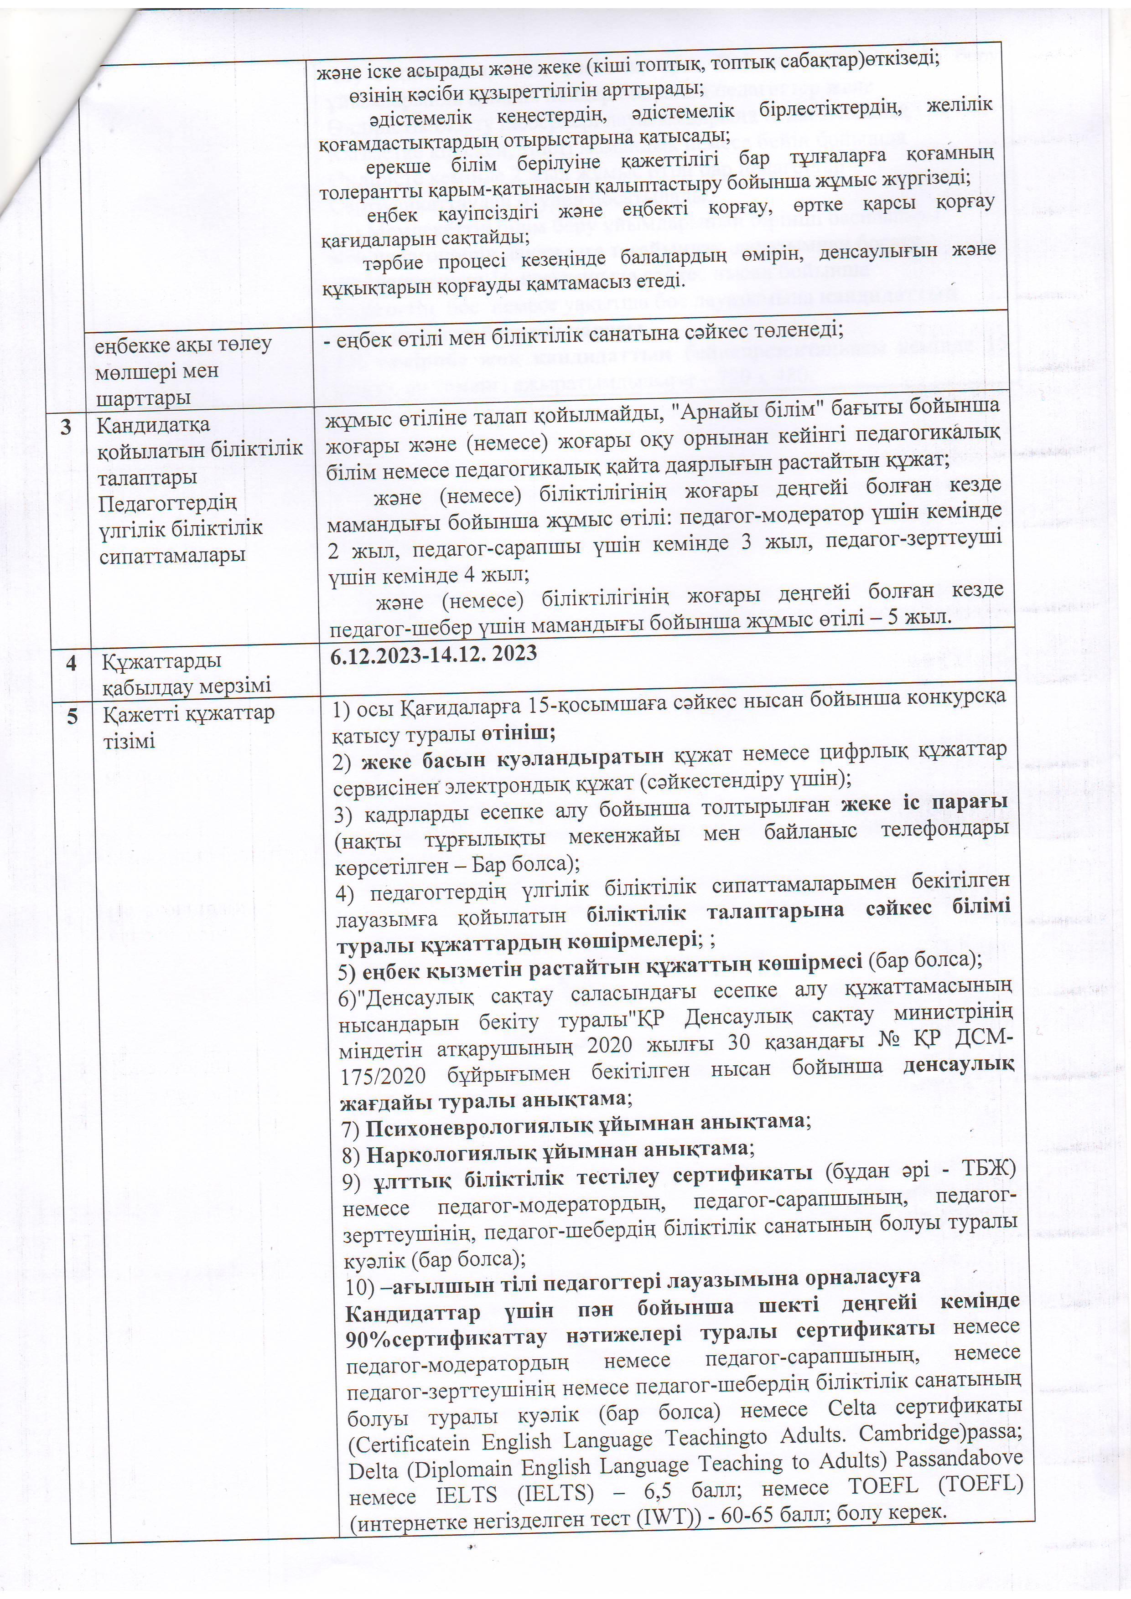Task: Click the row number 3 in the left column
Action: [x=66, y=426]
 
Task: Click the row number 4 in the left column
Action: [x=70, y=661]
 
